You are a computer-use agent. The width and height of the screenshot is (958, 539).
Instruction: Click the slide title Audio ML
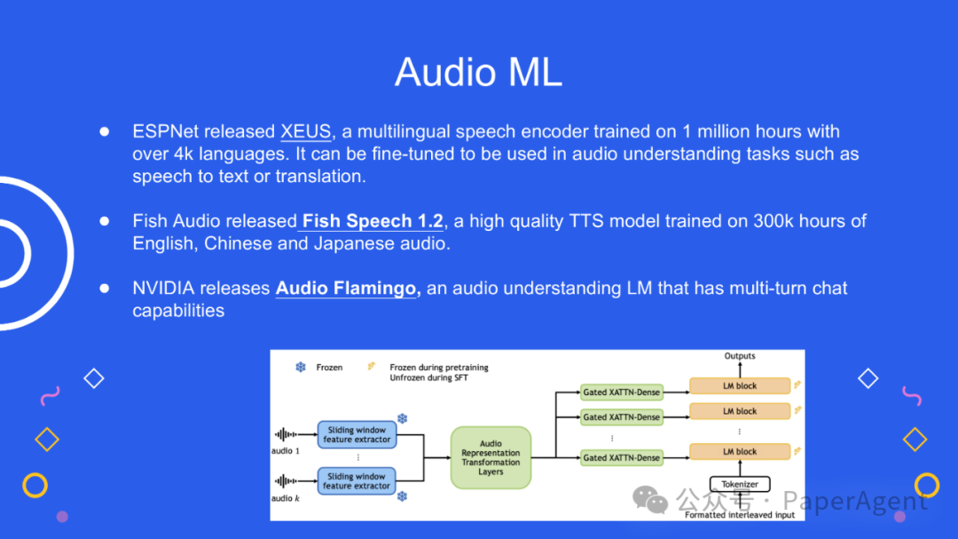[x=478, y=72]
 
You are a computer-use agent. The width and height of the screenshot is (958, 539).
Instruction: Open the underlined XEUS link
[x=306, y=131]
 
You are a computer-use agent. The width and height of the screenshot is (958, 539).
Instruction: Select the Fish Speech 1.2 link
[x=373, y=221]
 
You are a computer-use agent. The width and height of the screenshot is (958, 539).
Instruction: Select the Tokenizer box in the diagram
[x=740, y=485]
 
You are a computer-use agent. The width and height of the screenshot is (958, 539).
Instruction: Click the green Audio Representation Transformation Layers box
[x=491, y=457]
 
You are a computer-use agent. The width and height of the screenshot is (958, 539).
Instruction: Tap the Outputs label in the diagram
[x=740, y=356]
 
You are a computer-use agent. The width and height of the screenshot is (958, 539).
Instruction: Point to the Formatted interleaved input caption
[x=740, y=514]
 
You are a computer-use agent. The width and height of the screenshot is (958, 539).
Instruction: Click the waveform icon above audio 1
[x=287, y=435]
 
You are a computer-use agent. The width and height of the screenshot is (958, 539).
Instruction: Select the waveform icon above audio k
[x=287, y=481]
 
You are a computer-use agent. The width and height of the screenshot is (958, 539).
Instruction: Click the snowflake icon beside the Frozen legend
[x=301, y=367]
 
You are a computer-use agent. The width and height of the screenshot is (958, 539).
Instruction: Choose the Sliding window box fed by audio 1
[x=357, y=434]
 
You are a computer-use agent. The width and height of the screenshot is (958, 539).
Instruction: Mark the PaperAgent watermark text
[x=855, y=502]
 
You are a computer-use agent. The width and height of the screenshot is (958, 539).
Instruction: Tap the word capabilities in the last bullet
[x=178, y=311]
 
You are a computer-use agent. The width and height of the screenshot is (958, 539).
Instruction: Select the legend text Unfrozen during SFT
[x=428, y=377]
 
